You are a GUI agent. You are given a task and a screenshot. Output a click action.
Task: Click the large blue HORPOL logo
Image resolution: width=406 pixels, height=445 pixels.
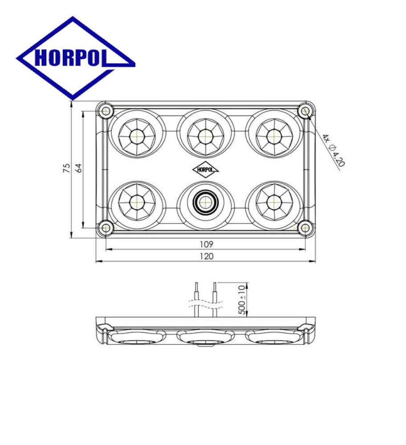[x=76, y=58]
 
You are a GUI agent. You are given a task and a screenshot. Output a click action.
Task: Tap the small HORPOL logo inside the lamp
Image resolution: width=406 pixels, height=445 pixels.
[x=206, y=170]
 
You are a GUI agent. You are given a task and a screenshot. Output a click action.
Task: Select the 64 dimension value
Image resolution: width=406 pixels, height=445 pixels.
[x=79, y=168]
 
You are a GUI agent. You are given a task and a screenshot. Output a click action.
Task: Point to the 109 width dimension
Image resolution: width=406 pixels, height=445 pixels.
[x=207, y=244]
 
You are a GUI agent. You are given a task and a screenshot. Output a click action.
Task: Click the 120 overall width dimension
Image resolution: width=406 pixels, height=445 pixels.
[x=207, y=256]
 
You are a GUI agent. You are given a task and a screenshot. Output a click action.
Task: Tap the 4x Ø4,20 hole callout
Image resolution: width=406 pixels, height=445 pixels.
[x=333, y=150]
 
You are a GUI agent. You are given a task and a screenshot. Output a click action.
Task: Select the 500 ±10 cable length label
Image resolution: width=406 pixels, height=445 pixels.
[x=242, y=299]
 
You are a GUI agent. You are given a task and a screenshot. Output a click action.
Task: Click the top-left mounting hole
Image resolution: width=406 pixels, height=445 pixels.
[x=106, y=111]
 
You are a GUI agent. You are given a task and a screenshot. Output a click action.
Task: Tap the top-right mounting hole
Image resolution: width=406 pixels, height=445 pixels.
[x=305, y=111]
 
